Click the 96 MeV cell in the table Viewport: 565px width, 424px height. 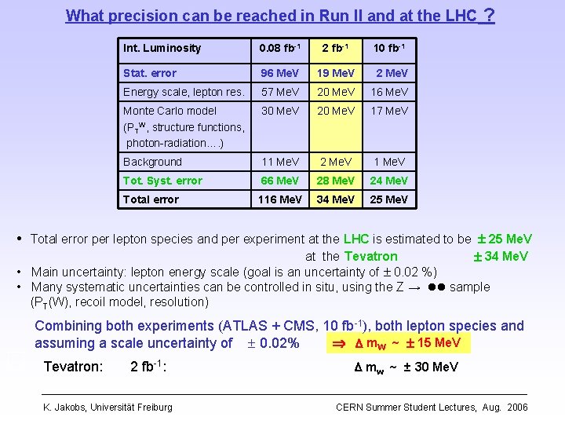tap(280, 74)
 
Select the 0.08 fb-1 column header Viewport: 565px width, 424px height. tap(280, 49)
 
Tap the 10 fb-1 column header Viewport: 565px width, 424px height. tap(389, 49)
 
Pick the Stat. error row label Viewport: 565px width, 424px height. tap(150, 74)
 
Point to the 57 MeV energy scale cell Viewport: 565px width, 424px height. tap(280, 93)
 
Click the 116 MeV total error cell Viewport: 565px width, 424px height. tap(280, 199)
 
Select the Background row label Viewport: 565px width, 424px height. tap(152, 162)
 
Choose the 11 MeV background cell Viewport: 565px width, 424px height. tap(280, 162)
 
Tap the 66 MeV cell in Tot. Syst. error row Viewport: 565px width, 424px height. tap(280, 181)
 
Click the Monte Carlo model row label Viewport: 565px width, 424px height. tap(169, 111)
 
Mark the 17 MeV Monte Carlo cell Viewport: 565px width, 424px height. tap(389, 111)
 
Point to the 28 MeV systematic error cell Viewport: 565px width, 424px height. tap(335, 181)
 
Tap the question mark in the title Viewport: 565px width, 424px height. tap(489, 15)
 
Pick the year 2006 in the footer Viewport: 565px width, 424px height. tap(517, 407)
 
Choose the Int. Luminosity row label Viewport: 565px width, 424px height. tap(162, 49)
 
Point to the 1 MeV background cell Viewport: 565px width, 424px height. tap(389, 162)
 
